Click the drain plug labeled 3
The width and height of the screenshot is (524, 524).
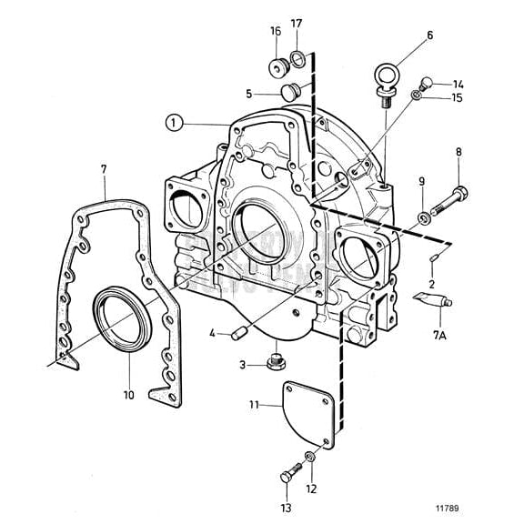tap(273, 362)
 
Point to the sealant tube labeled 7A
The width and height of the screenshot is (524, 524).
tap(431, 297)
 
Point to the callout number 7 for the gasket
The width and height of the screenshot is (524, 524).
tap(104, 168)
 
